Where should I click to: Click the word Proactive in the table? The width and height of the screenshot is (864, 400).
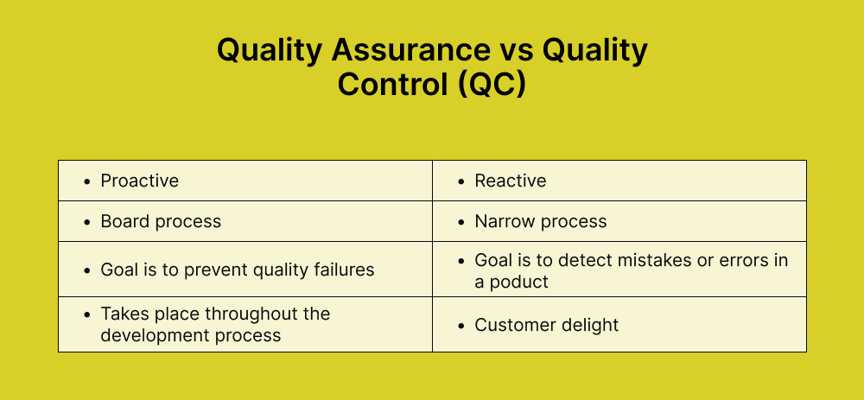coord(140,181)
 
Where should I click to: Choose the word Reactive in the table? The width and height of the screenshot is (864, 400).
coord(511,181)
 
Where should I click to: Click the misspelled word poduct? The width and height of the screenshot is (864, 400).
coord(519,282)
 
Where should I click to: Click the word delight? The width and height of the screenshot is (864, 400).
coord(591,325)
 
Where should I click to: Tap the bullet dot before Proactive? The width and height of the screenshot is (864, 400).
coord(86,181)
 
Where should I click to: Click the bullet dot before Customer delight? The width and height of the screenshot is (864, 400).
coord(460,326)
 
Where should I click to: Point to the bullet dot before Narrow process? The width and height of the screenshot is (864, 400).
coord(460,222)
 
